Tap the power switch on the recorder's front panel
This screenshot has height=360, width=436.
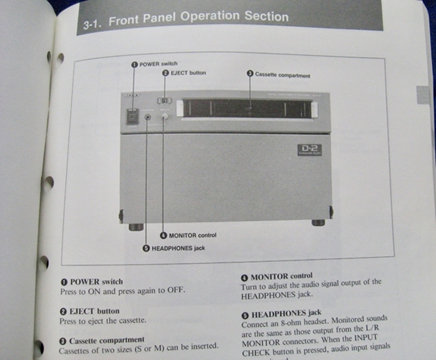132,116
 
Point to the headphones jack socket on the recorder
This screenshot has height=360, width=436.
148,116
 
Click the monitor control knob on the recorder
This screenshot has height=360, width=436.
165,116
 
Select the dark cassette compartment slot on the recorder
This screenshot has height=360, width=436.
246,108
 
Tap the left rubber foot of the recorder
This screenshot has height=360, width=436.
136,227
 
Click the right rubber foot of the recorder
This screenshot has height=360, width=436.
318,223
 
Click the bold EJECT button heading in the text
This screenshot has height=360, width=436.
89,311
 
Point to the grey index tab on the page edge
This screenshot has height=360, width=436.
423,95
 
